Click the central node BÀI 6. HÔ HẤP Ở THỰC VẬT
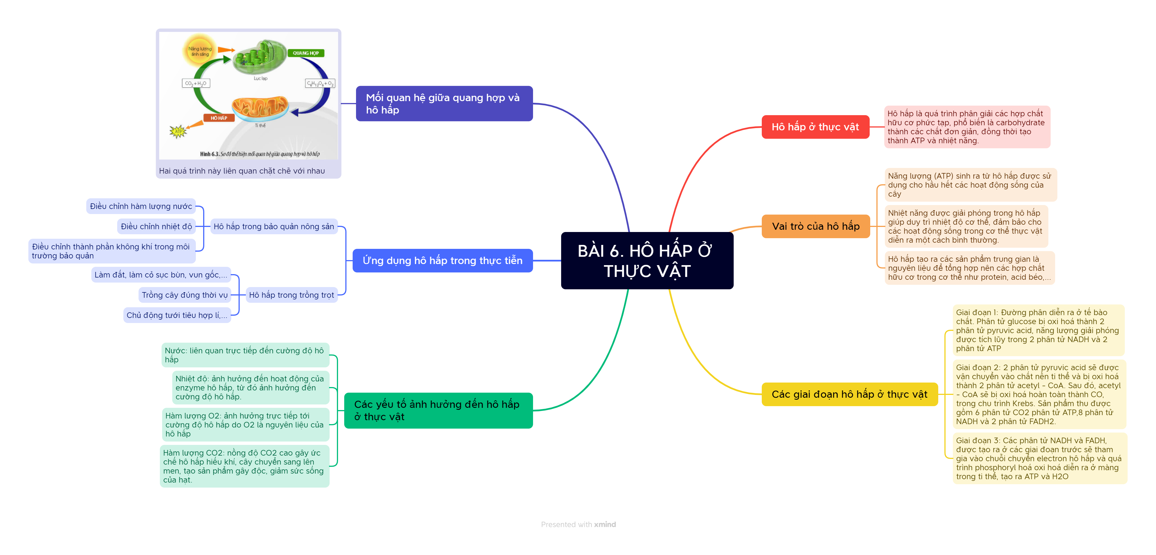coord(647,261)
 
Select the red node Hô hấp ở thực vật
coord(815,127)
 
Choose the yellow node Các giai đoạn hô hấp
coord(849,394)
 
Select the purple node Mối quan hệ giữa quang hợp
coord(444,104)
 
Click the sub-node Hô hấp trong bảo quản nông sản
coord(274,227)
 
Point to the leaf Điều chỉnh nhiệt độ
coord(156,227)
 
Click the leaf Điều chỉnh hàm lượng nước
coord(141,206)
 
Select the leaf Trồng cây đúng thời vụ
coord(184,295)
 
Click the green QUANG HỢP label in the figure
coord(306,53)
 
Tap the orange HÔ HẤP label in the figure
coord(219,118)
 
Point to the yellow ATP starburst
coord(178,131)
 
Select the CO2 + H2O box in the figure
coord(196,83)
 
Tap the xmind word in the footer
coord(605,524)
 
